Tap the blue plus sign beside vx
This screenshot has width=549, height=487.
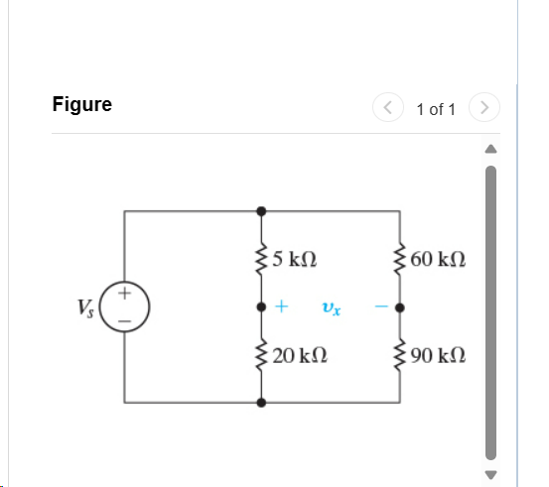coord(282,307)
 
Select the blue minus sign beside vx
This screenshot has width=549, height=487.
coord(380,307)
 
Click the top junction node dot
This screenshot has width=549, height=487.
coord(261,211)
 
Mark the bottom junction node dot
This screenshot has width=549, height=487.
coord(261,403)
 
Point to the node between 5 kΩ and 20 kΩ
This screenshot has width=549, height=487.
coord(261,307)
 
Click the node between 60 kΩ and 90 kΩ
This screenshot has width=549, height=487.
coord(400,307)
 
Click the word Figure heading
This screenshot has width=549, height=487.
coord(82,104)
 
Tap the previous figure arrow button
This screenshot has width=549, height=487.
coord(388,106)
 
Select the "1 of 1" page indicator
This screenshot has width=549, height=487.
coord(436,109)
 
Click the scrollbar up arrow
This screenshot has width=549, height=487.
coord(488,149)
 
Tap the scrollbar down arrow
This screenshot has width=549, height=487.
coord(488,473)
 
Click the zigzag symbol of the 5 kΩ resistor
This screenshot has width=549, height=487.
coord(261,261)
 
